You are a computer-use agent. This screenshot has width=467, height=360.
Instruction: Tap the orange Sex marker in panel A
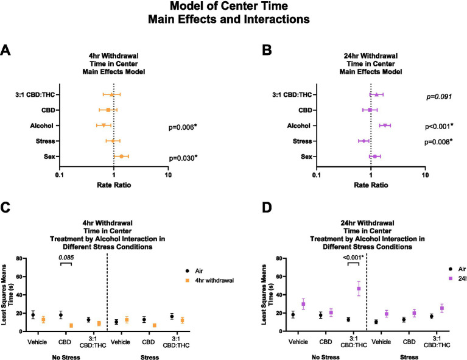click(x=122, y=157)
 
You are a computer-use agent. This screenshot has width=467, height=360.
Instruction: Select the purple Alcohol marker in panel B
click(x=385, y=125)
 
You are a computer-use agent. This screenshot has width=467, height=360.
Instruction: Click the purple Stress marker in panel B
click(x=364, y=141)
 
